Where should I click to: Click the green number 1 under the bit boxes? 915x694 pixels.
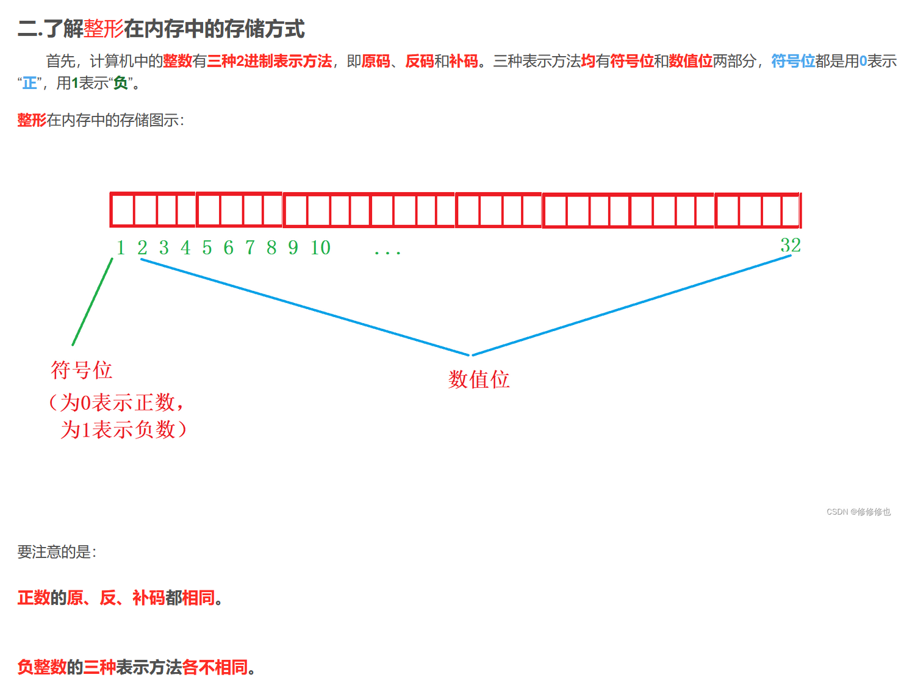coord(121,248)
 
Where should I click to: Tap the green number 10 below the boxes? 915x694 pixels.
coord(320,248)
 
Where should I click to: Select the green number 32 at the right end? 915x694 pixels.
coord(791,245)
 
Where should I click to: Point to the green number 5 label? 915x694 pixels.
coord(207,248)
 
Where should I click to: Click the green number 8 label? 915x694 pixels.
coord(271,248)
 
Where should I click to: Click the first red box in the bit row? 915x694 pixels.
coord(122,210)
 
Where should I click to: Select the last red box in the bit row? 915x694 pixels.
coord(791,210)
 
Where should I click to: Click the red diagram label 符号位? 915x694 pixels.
coord(82,370)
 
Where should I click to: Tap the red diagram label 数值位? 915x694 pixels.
coord(479,380)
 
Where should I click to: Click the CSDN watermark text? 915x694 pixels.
coord(858,512)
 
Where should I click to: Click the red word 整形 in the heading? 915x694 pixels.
coord(104,29)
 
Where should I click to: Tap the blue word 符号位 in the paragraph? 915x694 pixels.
coord(793,61)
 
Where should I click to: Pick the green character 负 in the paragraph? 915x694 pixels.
coord(121,83)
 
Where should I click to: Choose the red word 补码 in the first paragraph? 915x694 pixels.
coord(464,61)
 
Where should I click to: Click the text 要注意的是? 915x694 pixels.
coord(56,552)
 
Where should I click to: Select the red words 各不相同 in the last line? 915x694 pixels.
coord(215,667)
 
